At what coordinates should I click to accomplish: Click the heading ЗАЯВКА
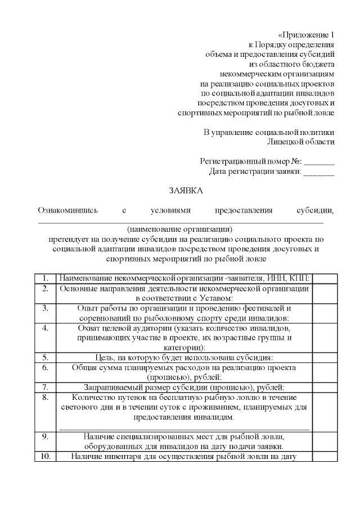[x=186, y=191]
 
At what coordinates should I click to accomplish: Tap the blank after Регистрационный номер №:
[x=319, y=161]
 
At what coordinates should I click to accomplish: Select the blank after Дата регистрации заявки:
[x=319, y=172]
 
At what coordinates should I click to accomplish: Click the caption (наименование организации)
[x=179, y=229]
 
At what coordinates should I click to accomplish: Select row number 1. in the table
[x=45, y=278]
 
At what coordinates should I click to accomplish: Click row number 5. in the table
[x=45, y=357]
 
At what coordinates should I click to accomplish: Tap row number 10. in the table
[x=45, y=456]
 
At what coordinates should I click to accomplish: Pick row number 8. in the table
[x=45, y=397]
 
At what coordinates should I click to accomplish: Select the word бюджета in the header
[x=316, y=64]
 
